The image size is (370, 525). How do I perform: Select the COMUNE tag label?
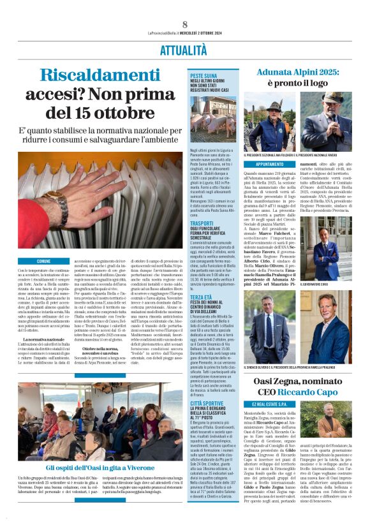44,262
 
